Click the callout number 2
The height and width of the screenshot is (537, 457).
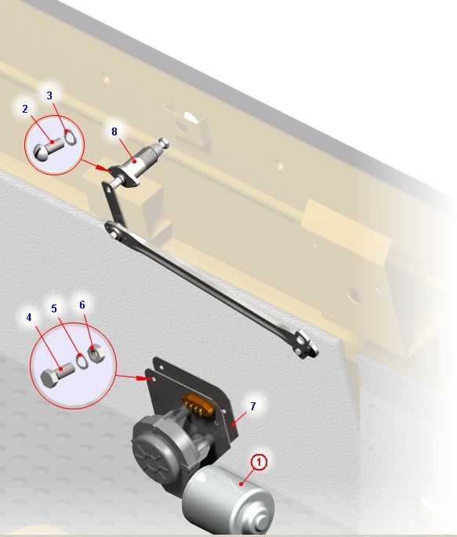tap(25, 109)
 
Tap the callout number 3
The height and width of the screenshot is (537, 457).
tap(49, 96)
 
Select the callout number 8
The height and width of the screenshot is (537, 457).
tap(114, 132)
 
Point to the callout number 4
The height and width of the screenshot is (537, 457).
tap(29, 318)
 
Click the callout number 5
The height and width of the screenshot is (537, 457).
tap(54, 308)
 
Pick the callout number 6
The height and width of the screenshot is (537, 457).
tap(82, 305)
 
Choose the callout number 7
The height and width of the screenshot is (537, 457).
tap(253, 406)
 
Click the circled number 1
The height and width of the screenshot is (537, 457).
tap(259, 463)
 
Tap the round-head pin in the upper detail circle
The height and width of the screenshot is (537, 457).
tap(49, 148)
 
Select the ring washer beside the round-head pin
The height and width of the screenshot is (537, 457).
tap(70, 137)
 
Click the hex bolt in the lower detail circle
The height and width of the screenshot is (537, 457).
tap(57, 374)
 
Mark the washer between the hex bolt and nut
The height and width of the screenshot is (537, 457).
tap(82, 361)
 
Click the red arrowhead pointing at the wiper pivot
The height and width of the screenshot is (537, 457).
tap(101, 168)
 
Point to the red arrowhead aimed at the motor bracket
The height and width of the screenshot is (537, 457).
tap(143, 378)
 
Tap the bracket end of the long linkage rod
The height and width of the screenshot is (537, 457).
tap(306, 344)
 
